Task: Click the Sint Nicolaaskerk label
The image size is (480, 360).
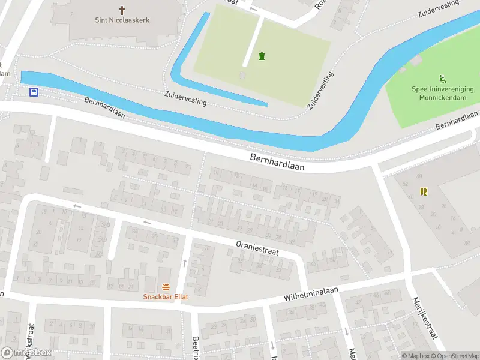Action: click(122, 20)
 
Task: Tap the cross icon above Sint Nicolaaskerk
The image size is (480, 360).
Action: click(122, 10)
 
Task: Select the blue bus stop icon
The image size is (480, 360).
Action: click(34, 92)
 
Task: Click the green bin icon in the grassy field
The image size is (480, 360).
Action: click(262, 56)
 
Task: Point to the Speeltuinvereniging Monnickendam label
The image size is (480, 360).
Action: click(442, 92)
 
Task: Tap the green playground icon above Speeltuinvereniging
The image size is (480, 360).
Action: click(443, 78)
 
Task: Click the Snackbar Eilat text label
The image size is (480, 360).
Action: click(166, 296)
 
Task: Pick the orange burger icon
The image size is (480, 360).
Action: click(166, 287)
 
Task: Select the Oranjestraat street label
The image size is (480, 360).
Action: click(257, 248)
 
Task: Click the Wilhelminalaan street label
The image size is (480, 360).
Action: click(311, 294)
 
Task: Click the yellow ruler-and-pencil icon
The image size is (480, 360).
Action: click(424, 192)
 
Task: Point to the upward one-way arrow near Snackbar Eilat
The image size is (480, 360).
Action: click(185, 263)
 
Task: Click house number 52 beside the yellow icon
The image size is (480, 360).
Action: click(406, 184)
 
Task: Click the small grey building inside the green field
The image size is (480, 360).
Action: click(242, 76)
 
